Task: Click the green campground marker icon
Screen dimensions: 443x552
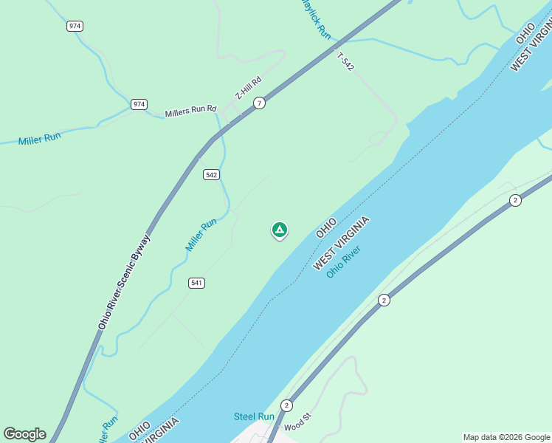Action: [280, 230]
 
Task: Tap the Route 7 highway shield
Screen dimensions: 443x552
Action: [259, 103]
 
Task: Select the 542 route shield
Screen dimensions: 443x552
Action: [212, 174]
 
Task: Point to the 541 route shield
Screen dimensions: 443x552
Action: [196, 283]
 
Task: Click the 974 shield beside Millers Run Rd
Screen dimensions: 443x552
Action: [139, 104]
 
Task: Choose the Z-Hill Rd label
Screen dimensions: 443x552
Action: [248, 89]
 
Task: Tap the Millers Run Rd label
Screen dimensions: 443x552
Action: [190, 111]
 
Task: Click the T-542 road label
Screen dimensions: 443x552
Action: [345, 62]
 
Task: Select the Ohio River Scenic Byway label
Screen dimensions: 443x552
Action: [124, 282]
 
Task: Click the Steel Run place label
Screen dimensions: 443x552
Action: [254, 416]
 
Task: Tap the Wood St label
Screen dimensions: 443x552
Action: [298, 426]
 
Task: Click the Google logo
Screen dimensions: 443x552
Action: [24, 434]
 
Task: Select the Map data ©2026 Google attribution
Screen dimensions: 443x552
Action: [506, 437]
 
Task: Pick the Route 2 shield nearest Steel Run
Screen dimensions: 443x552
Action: [286, 405]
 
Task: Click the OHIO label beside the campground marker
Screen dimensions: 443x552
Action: [326, 227]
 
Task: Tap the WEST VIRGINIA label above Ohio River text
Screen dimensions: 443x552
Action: [340, 244]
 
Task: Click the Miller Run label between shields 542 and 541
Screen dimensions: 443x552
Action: [201, 234]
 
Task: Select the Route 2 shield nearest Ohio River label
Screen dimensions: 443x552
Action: [384, 300]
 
